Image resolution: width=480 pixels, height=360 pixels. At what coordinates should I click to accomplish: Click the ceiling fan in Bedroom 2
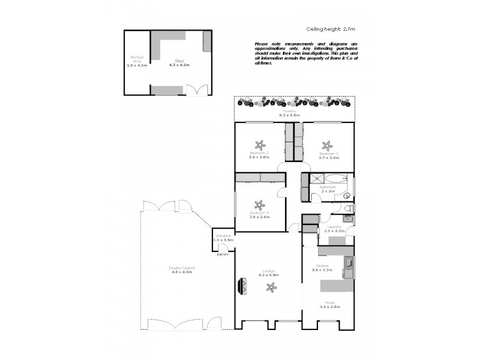pos(260,145)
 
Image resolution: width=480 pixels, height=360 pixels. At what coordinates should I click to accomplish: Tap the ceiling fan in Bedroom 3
pos(327,145)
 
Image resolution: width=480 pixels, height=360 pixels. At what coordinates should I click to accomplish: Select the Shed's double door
pos(195,91)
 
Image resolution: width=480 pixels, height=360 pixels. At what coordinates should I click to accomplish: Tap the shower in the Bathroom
pos(317,178)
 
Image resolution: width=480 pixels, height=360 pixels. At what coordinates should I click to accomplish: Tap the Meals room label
pos(329,302)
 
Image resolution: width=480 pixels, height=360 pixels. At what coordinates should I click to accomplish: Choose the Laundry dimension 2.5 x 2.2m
pos(335,231)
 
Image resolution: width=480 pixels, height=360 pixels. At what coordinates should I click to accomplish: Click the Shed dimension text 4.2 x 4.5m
pos(179,64)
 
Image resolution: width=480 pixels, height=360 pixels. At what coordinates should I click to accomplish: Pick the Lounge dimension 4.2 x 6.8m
pos(268,275)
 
